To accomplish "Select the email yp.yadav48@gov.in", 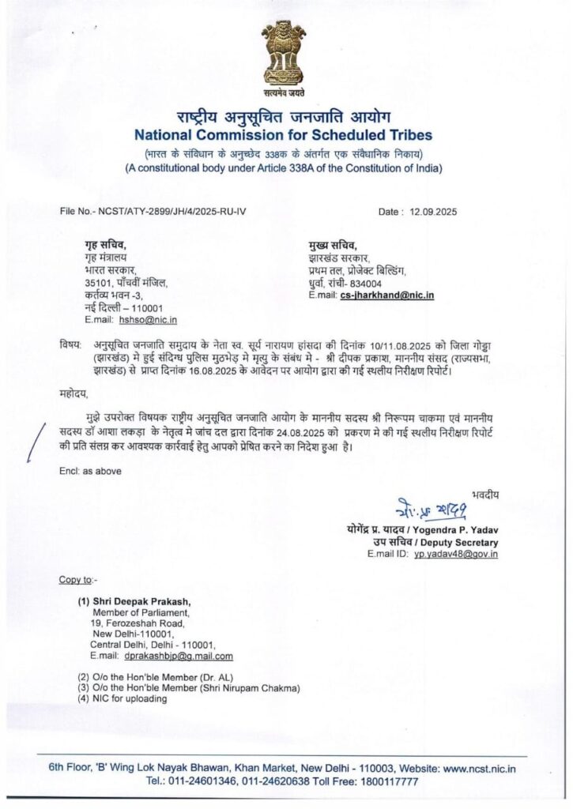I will click(x=459, y=555).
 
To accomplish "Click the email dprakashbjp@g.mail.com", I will click(x=178, y=656).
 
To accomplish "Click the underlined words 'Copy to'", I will click(x=75, y=580).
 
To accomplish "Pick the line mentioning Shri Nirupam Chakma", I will click(x=189, y=688).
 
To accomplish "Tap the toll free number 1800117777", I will click(x=390, y=780).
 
